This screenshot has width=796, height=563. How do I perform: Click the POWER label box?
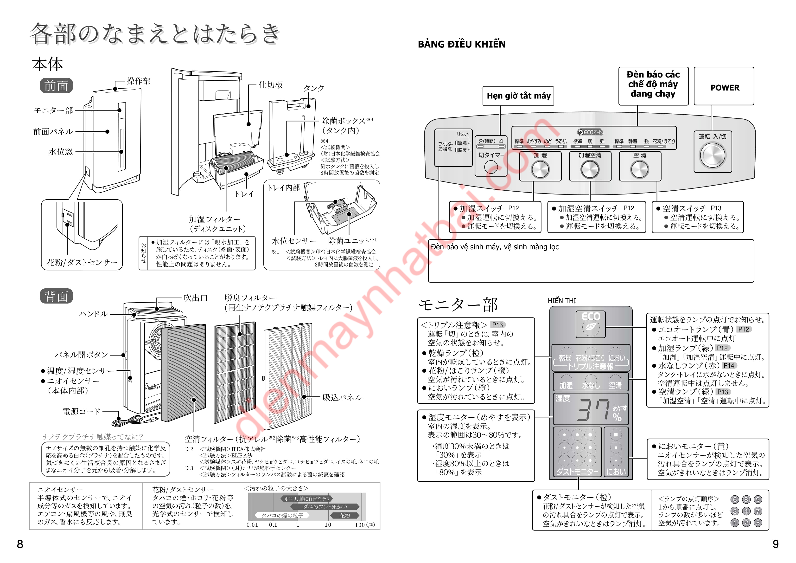pyautogui.click(x=724, y=86)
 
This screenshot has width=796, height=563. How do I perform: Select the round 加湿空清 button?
pyautogui.click(x=590, y=170)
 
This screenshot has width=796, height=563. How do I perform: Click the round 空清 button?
pyautogui.click(x=640, y=170)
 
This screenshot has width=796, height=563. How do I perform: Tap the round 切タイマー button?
pyautogui.click(x=490, y=168)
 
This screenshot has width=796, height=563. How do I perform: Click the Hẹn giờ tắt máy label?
pyautogui.click(x=518, y=96)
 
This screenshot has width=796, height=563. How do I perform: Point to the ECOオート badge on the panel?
pyautogui.click(x=590, y=132)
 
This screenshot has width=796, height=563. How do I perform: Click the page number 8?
pyautogui.click(x=20, y=544)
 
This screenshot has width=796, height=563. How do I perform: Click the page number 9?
pyautogui.click(x=776, y=544)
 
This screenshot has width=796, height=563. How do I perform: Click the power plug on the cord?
pyautogui.click(x=153, y=420)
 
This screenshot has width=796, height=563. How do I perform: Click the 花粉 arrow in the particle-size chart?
pyautogui.click(x=345, y=516)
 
